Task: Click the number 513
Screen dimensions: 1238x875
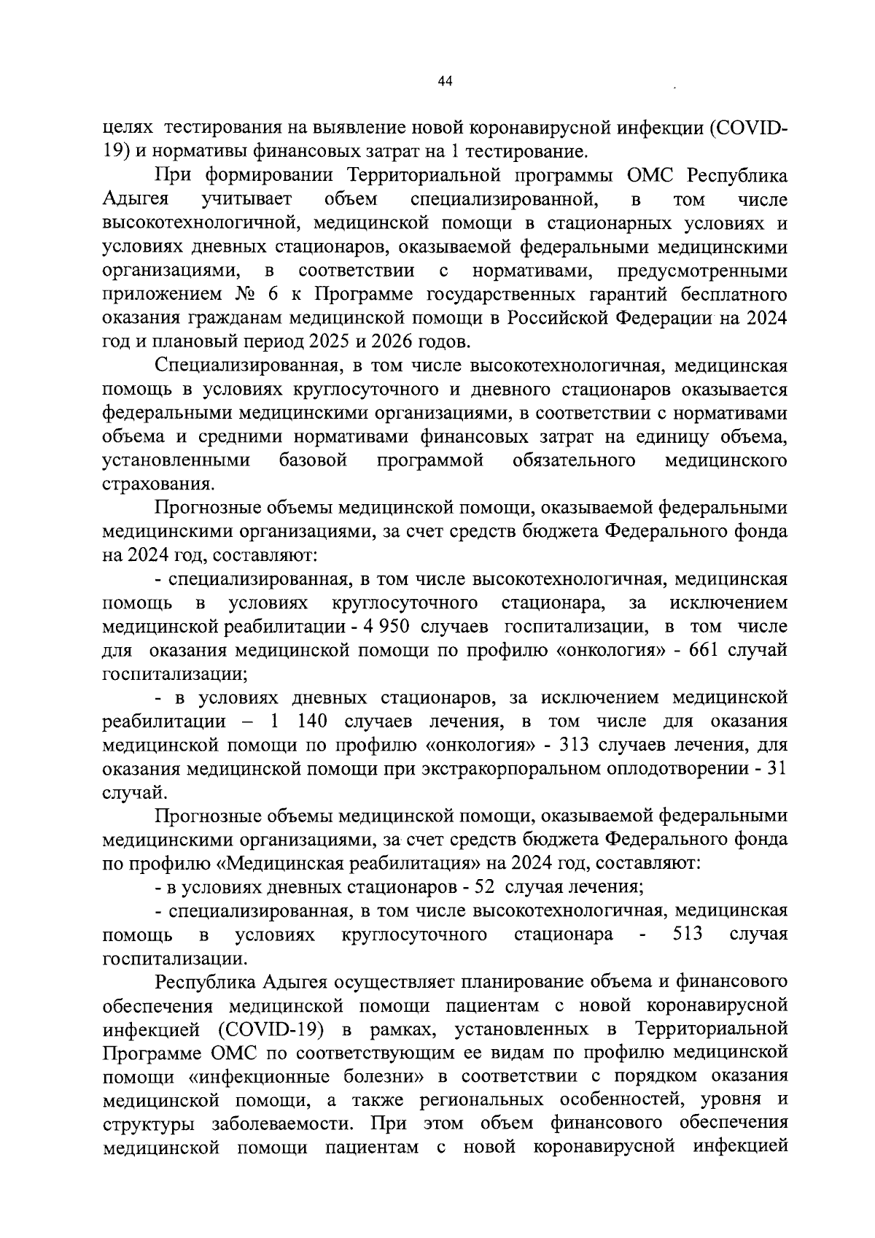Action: pos(688,935)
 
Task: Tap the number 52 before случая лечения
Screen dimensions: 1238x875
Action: pos(484,887)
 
